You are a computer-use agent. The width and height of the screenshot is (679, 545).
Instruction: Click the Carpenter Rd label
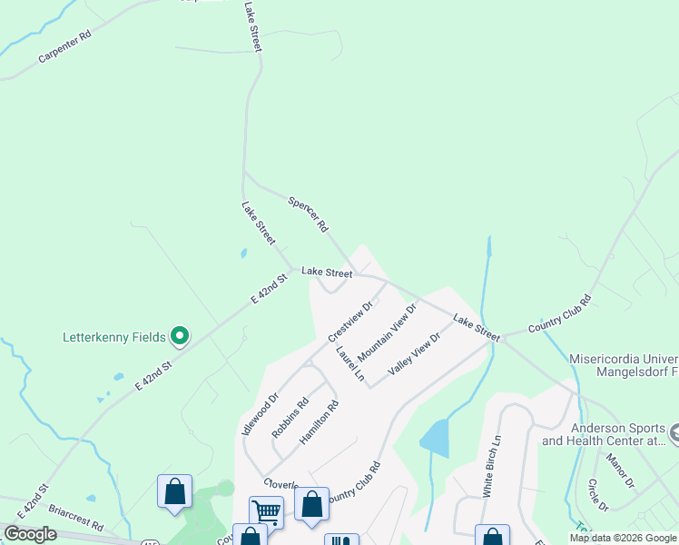coord(65,47)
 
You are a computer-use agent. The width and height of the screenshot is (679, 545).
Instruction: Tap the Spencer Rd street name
coord(308,213)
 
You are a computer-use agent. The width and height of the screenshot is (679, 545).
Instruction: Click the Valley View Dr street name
coord(414,354)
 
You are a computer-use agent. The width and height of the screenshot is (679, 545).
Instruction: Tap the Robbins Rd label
coord(290,417)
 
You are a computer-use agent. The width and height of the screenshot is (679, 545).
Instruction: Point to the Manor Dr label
coord(622,471)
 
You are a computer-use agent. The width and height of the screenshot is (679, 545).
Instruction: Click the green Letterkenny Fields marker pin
coord(180,337)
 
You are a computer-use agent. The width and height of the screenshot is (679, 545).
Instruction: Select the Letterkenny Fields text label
coord(113,337)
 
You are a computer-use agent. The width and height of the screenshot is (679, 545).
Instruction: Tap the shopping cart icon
coord(266,511)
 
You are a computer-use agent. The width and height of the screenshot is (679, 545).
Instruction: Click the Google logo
coord(30,534)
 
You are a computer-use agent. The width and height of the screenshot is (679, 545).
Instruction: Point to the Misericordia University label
coord(624,358)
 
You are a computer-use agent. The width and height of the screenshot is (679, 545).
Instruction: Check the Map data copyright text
coord(622,538)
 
